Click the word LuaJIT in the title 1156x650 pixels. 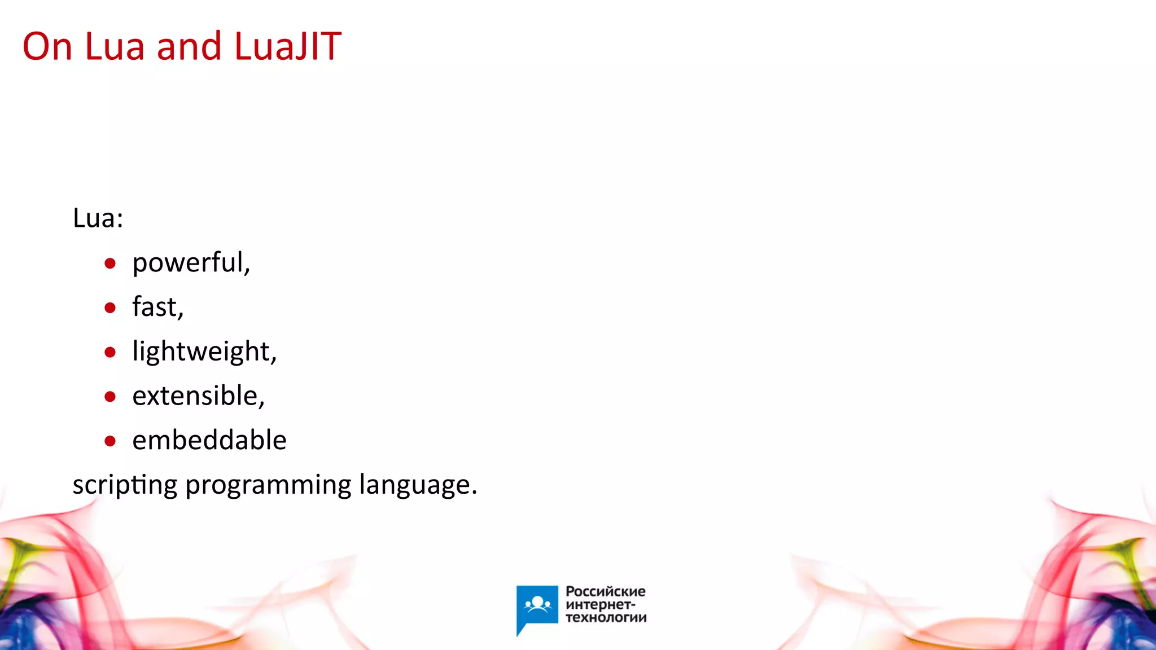288,46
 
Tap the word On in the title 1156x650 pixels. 47,46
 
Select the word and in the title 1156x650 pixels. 189,46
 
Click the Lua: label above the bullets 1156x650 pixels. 98,218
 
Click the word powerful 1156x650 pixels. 191,263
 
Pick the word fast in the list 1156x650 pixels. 157,307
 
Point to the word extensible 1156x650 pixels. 198,396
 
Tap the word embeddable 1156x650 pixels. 209,440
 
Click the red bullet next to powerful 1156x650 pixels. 110,263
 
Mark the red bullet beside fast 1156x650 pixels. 110,308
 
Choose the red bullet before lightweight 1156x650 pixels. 110,353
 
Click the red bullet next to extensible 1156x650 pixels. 110,397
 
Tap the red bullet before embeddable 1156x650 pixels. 110,441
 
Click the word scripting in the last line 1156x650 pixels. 125,485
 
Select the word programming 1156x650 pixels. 268,485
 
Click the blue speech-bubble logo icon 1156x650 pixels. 537,607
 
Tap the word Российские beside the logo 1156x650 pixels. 605,591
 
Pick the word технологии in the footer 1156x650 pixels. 606,617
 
